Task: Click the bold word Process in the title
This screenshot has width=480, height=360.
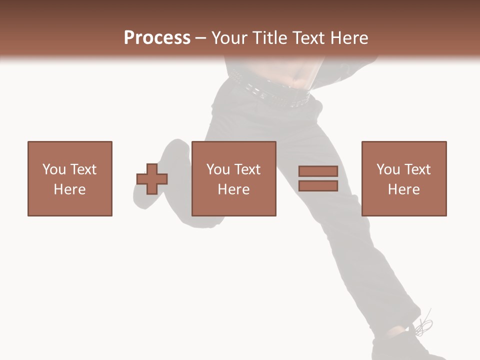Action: [157, 38]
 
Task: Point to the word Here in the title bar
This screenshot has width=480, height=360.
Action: [348, 38]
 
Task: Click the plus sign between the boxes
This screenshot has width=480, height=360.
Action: [152, 179]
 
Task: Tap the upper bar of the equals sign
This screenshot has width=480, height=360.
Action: [318, 171]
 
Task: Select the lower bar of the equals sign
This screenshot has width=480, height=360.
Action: [318, 186]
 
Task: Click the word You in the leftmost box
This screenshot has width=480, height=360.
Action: [54, 169]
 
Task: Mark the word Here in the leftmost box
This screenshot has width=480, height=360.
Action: [70, 189]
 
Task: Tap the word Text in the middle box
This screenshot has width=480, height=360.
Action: [247, 169]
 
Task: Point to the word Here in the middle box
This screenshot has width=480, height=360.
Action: [234, 189]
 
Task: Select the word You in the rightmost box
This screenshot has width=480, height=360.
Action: [388, 169]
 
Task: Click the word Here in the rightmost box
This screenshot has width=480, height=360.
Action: [404, 189]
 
